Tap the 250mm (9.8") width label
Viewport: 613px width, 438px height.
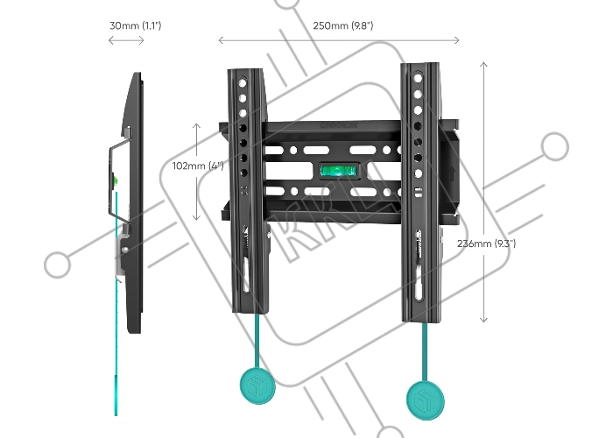(x=343, y=25)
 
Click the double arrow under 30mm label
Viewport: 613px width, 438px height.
(x=127, y=40)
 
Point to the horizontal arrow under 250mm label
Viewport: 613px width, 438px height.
(x=339, y=39)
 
